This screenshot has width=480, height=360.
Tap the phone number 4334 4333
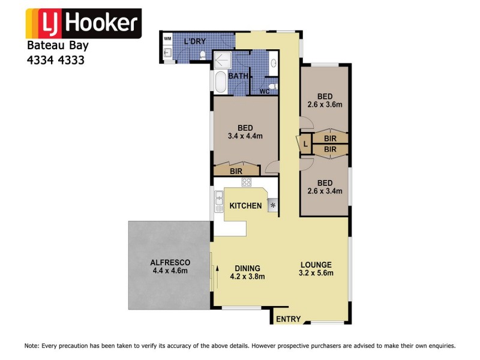coord(56,60)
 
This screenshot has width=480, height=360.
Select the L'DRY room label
coord(196,41)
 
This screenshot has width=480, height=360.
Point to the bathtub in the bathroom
coord(219,82)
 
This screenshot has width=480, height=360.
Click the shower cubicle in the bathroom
coord(222,59)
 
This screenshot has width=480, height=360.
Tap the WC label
coord(264,92)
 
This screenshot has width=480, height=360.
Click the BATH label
coord(238,76)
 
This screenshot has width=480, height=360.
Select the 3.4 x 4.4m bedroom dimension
coord(245,136)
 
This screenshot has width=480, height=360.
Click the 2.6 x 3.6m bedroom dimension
coord(325,104)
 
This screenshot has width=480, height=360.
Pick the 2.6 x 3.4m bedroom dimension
coord(325,191)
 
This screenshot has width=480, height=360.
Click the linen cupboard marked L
coord(305,145)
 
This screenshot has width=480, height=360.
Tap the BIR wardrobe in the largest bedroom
coord(236,170)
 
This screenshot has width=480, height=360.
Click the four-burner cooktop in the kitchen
coord(247,182)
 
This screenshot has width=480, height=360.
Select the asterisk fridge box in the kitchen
coord(273,206)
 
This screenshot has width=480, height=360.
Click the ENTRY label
coord(288,319)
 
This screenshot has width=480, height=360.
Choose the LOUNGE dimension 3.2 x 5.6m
coord(317,273)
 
